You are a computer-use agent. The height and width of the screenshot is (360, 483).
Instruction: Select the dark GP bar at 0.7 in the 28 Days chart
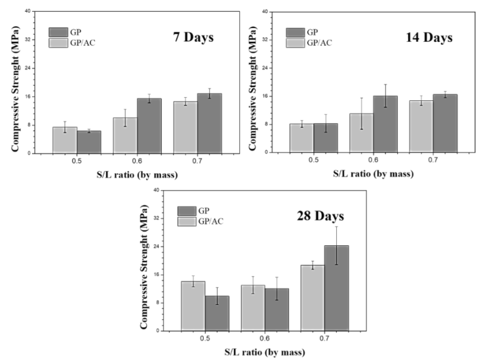coord(336,288)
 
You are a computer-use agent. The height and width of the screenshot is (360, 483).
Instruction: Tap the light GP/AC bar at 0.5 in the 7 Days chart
coord(65,140)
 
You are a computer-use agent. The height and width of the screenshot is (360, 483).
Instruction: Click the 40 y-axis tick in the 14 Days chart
coord(263,11)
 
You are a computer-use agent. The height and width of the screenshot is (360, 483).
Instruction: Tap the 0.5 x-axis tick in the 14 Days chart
coord(313,161)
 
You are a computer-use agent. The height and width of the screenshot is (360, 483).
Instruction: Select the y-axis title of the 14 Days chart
coord(251,82)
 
